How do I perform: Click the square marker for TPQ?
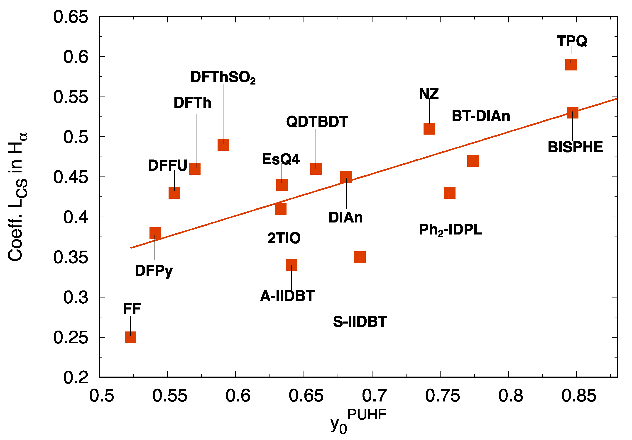(x=571, y=65)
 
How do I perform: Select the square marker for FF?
(x=130, y=337)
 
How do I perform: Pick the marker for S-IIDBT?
(x=360, y=257)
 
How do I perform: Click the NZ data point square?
(x=429, y=129)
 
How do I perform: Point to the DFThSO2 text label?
(x=223, y=77)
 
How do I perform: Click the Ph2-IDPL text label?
(x=451, y=230)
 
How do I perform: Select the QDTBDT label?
(x=317, y=122)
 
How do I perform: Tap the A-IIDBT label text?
(x=287, y=296)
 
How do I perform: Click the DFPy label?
(x=154, y=271)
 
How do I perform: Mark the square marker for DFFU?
(x=174, y=193)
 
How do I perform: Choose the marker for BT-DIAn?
(x=473, y=161)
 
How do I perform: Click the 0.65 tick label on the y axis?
(x=71, y=17)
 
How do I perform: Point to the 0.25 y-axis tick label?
(x=71, y=338)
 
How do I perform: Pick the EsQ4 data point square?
(x=282, y=185)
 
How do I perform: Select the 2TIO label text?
(x=284, y=238)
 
